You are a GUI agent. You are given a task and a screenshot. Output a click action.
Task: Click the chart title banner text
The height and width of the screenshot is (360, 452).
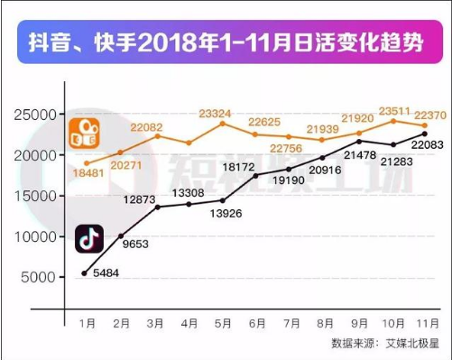226,43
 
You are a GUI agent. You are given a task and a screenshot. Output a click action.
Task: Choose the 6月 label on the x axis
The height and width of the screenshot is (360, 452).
256,322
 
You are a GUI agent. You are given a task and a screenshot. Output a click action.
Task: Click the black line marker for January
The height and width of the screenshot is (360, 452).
85,272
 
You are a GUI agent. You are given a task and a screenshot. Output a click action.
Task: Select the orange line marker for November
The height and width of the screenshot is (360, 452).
425,125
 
